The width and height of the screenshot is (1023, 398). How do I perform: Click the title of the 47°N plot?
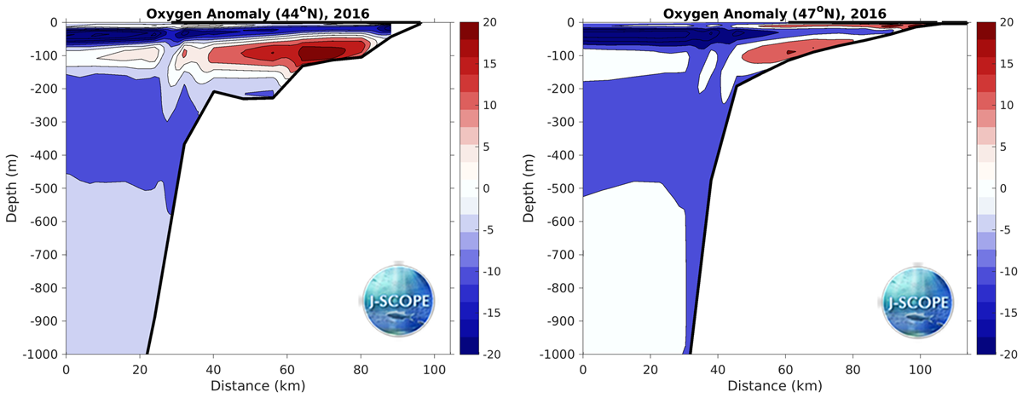pyautogui.click(x=774, y=13)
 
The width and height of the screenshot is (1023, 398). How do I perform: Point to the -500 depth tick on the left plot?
pyautogui.click(x=46, y=188)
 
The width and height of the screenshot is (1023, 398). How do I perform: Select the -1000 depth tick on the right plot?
pyautogui.click(x=559, y=354)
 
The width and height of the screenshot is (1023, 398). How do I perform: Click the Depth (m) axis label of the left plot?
pyautogui.click(x=13, y=187)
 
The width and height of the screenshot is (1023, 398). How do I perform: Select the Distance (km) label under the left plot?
pyautogui.click(x=256, y=386)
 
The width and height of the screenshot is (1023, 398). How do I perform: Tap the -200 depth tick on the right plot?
pyautogui.click(x=561, y=89)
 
